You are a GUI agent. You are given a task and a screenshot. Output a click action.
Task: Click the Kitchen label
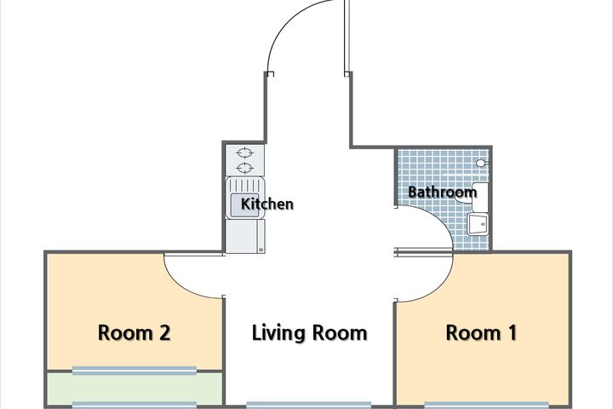pos(267,204)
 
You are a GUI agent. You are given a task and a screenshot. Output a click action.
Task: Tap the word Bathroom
pos(442,192)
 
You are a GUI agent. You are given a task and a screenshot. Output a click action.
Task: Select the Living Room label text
pos(309,333)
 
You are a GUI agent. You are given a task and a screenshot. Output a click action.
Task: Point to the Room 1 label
pos(481,333)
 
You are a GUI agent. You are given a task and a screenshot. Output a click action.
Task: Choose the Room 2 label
pos(135,333)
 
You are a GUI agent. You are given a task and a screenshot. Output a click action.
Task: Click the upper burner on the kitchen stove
pos(245,152)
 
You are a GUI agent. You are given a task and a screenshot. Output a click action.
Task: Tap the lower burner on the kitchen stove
pos(245,169)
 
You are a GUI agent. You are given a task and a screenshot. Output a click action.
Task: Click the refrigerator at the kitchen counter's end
pos(245,236)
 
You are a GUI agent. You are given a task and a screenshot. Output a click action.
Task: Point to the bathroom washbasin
pos(478,224)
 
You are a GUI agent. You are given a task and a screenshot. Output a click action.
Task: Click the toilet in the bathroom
pos(473,196)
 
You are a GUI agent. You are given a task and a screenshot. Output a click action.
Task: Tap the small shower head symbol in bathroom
pos(482,163)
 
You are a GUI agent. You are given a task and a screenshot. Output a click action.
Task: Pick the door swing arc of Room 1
pos(438,289)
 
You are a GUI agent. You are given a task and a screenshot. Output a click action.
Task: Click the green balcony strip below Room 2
pos(135,389)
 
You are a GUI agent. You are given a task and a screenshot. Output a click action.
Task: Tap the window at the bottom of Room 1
pos(486,405)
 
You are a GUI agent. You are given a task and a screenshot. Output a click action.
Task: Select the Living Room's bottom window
pos(309,405)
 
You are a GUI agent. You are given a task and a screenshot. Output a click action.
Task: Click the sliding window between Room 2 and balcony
pos(135,371)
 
